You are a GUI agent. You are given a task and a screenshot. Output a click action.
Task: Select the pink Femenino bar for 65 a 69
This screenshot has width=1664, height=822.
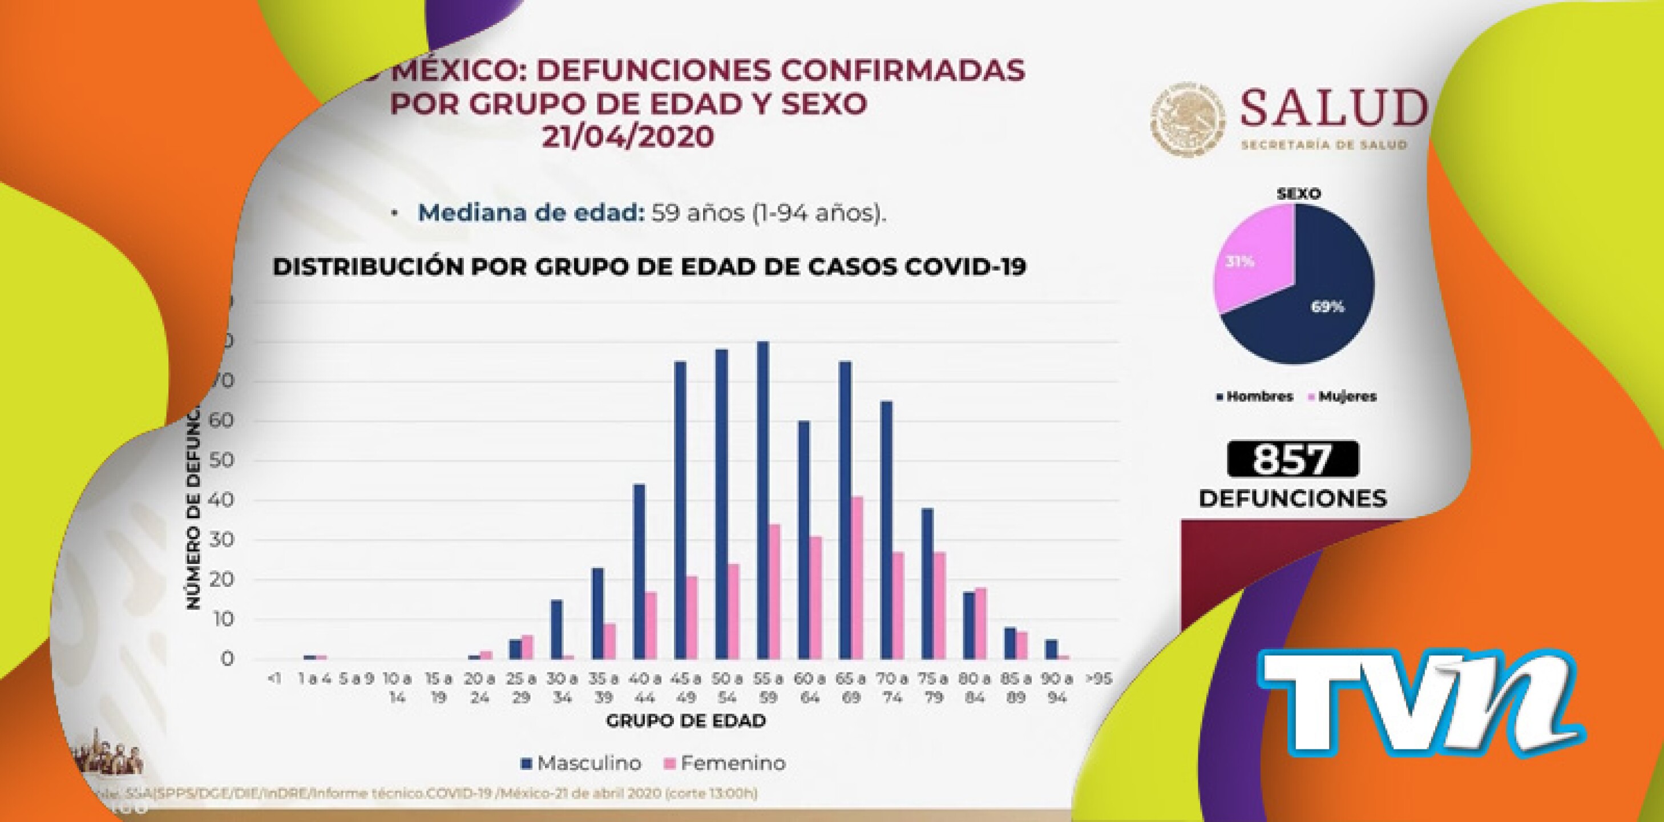857,578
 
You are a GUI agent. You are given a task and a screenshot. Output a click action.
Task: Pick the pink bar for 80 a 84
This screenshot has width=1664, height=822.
980,623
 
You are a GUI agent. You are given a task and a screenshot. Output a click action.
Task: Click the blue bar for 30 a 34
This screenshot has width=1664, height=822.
556,630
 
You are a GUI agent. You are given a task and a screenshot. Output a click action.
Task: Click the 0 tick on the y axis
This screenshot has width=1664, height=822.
225,660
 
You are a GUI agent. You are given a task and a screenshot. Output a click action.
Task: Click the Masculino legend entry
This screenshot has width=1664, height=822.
581,763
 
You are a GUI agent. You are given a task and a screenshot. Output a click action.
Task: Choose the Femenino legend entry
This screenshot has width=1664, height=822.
725,763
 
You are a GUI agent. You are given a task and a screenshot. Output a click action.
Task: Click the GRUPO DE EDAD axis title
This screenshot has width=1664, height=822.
686,720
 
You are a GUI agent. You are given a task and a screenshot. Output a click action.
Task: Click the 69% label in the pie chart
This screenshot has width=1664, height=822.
1327,308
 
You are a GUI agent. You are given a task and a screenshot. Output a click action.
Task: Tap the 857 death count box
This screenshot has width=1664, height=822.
1292,460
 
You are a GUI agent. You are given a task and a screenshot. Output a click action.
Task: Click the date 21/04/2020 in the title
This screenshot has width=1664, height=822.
628,136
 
